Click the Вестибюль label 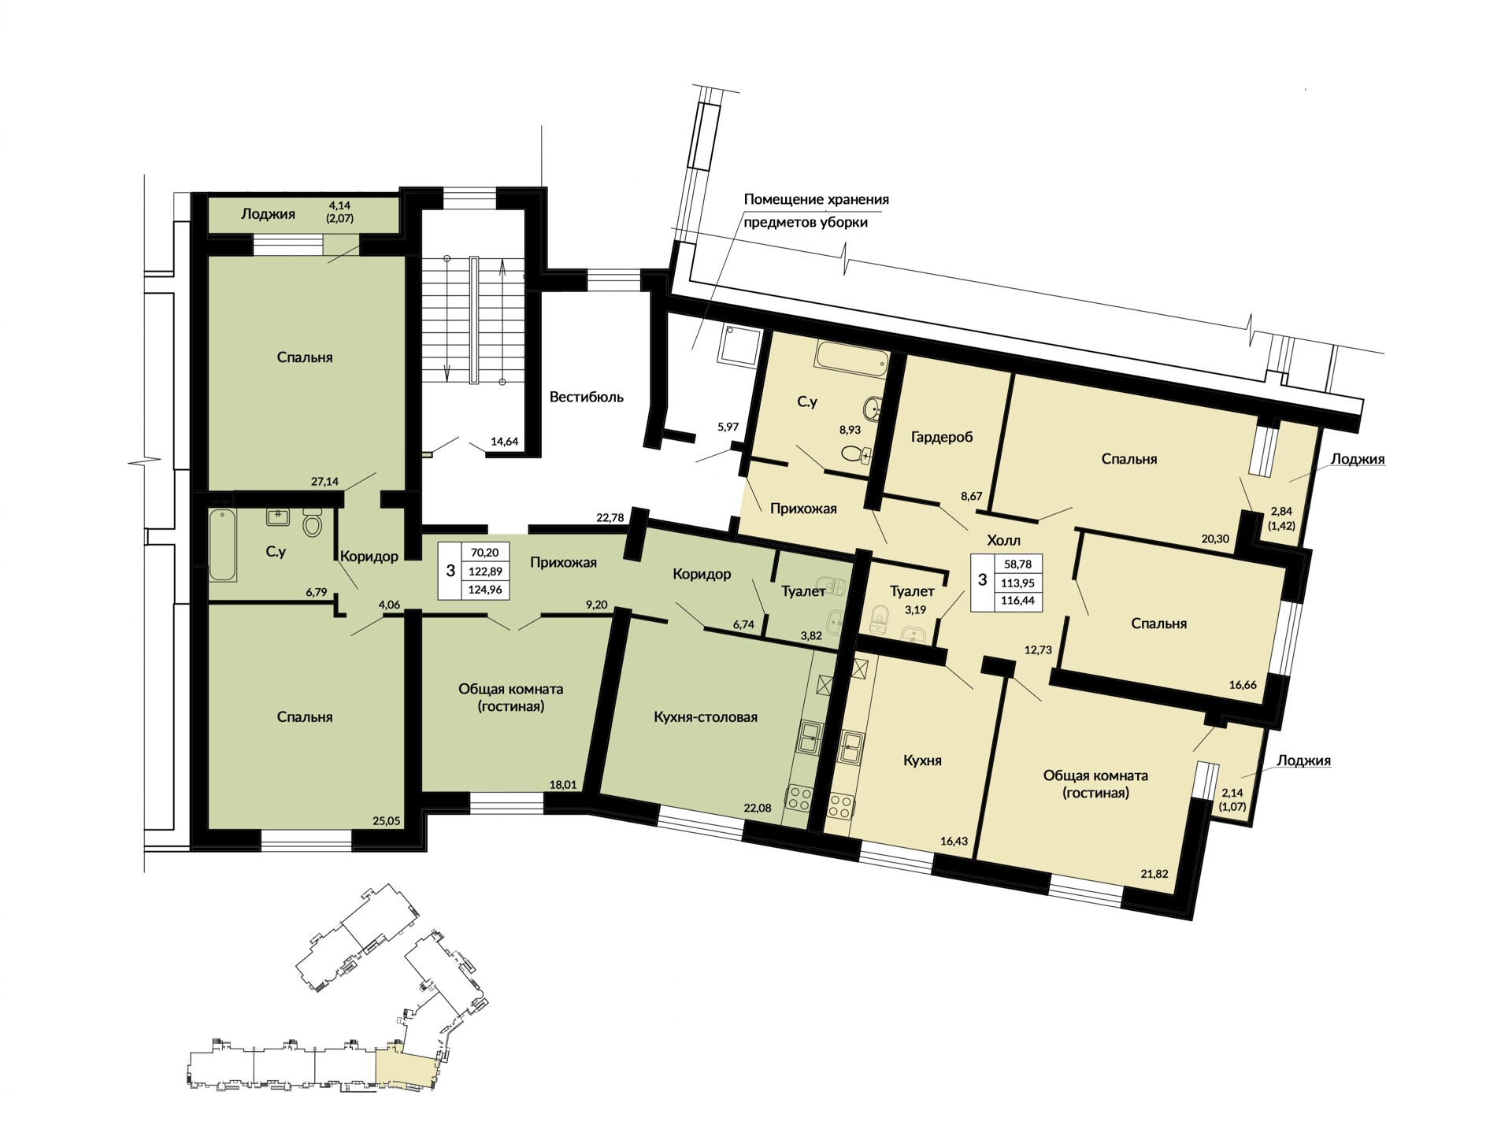(586, 397)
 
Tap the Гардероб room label (942, 437)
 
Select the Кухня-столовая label (706, 717)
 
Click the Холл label (1003, 540)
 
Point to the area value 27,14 (325, 481)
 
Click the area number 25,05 (387, 820)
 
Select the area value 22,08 (758, 808)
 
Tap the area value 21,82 (1154, 873)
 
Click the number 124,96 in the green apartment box (486, 589)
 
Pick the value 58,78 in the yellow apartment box (1018, 564)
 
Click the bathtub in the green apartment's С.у (223, 546)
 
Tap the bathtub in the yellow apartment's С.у (851, 357)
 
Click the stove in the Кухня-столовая (799, 799)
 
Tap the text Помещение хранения (817, 199)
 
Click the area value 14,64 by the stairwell (504, 442)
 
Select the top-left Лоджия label (268, 214)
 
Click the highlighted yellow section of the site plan (405, 1066)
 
